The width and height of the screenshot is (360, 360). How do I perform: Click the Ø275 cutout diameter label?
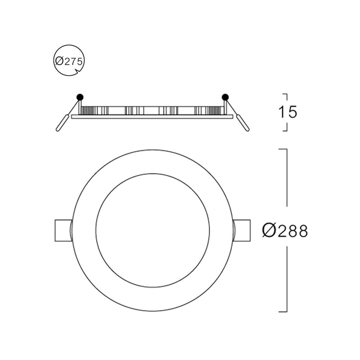(69, 61)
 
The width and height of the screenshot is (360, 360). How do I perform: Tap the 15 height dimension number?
(288, 112)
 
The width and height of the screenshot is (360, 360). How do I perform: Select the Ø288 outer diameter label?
(285, 231)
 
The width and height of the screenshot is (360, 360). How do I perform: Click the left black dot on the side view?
(80, 96)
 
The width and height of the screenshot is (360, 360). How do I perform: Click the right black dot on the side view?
(225, 96)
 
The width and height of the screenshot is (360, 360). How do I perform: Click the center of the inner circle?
(153, 230)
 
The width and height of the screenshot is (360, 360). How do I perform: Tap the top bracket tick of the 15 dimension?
(284, 94)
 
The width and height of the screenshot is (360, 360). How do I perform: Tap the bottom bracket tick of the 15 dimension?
(284, 131)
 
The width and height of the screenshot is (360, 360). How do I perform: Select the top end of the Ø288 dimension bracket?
(283, 149)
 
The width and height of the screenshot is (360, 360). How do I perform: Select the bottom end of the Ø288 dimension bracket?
(283, 311)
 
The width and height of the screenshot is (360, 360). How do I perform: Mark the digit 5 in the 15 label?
(292, 112)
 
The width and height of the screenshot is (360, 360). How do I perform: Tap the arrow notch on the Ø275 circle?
(77, 73)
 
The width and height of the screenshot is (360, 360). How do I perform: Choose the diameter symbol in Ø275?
(59, 61)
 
